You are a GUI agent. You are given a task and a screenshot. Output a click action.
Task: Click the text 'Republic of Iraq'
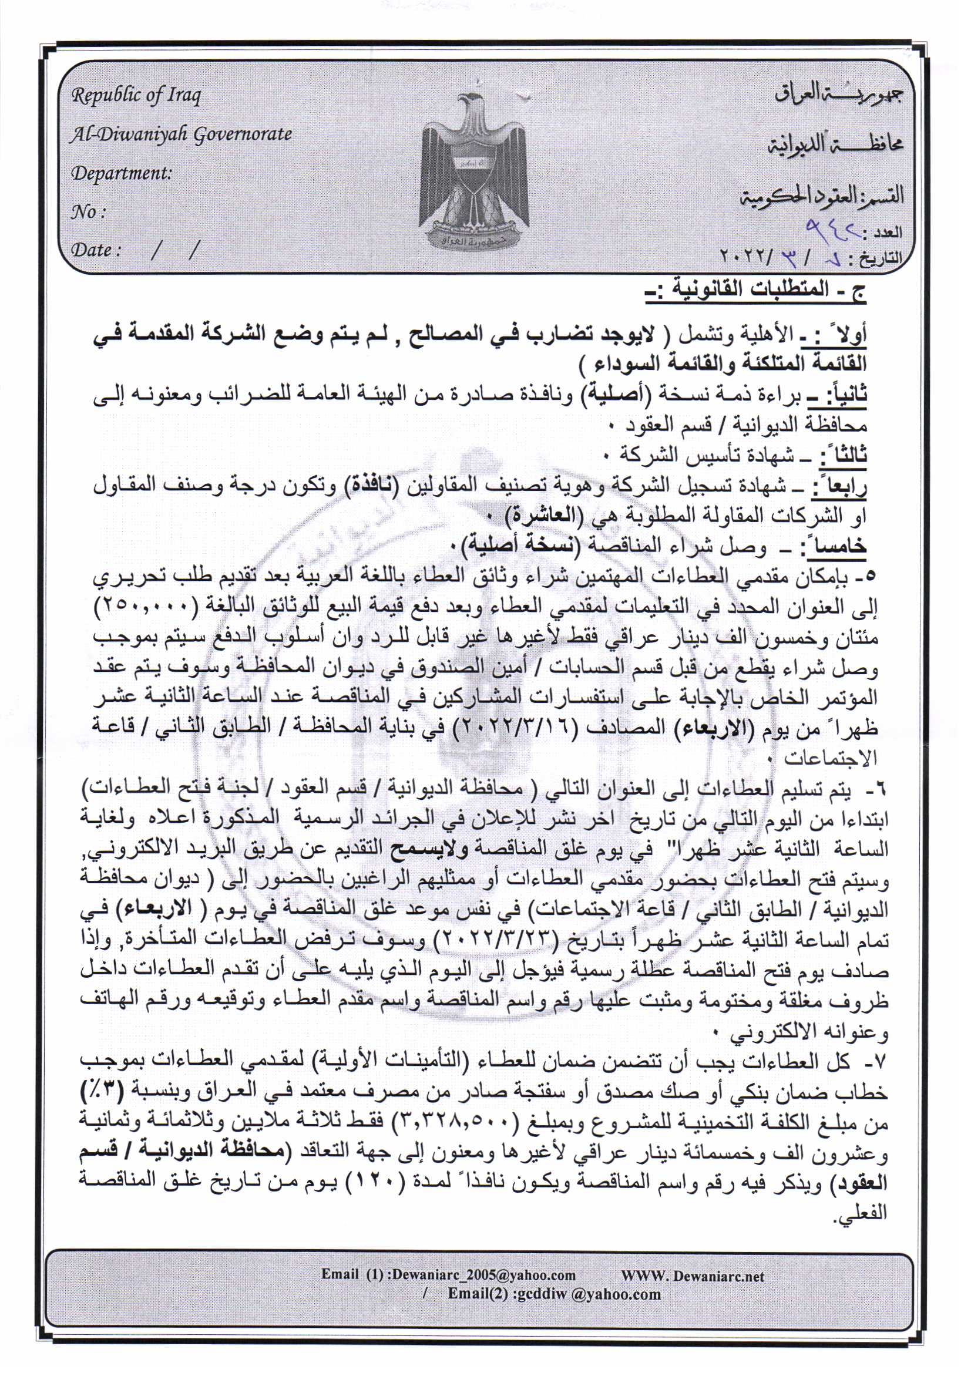[x=136, y=96]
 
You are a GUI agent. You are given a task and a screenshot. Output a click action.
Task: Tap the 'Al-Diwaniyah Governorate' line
[x=181, y=134]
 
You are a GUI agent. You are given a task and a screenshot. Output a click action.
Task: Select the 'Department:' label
[x=122, y=173]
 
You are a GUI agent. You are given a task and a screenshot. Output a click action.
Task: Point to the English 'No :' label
[x=89, y=211]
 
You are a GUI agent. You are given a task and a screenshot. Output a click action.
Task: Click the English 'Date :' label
[x=96, y=250]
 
